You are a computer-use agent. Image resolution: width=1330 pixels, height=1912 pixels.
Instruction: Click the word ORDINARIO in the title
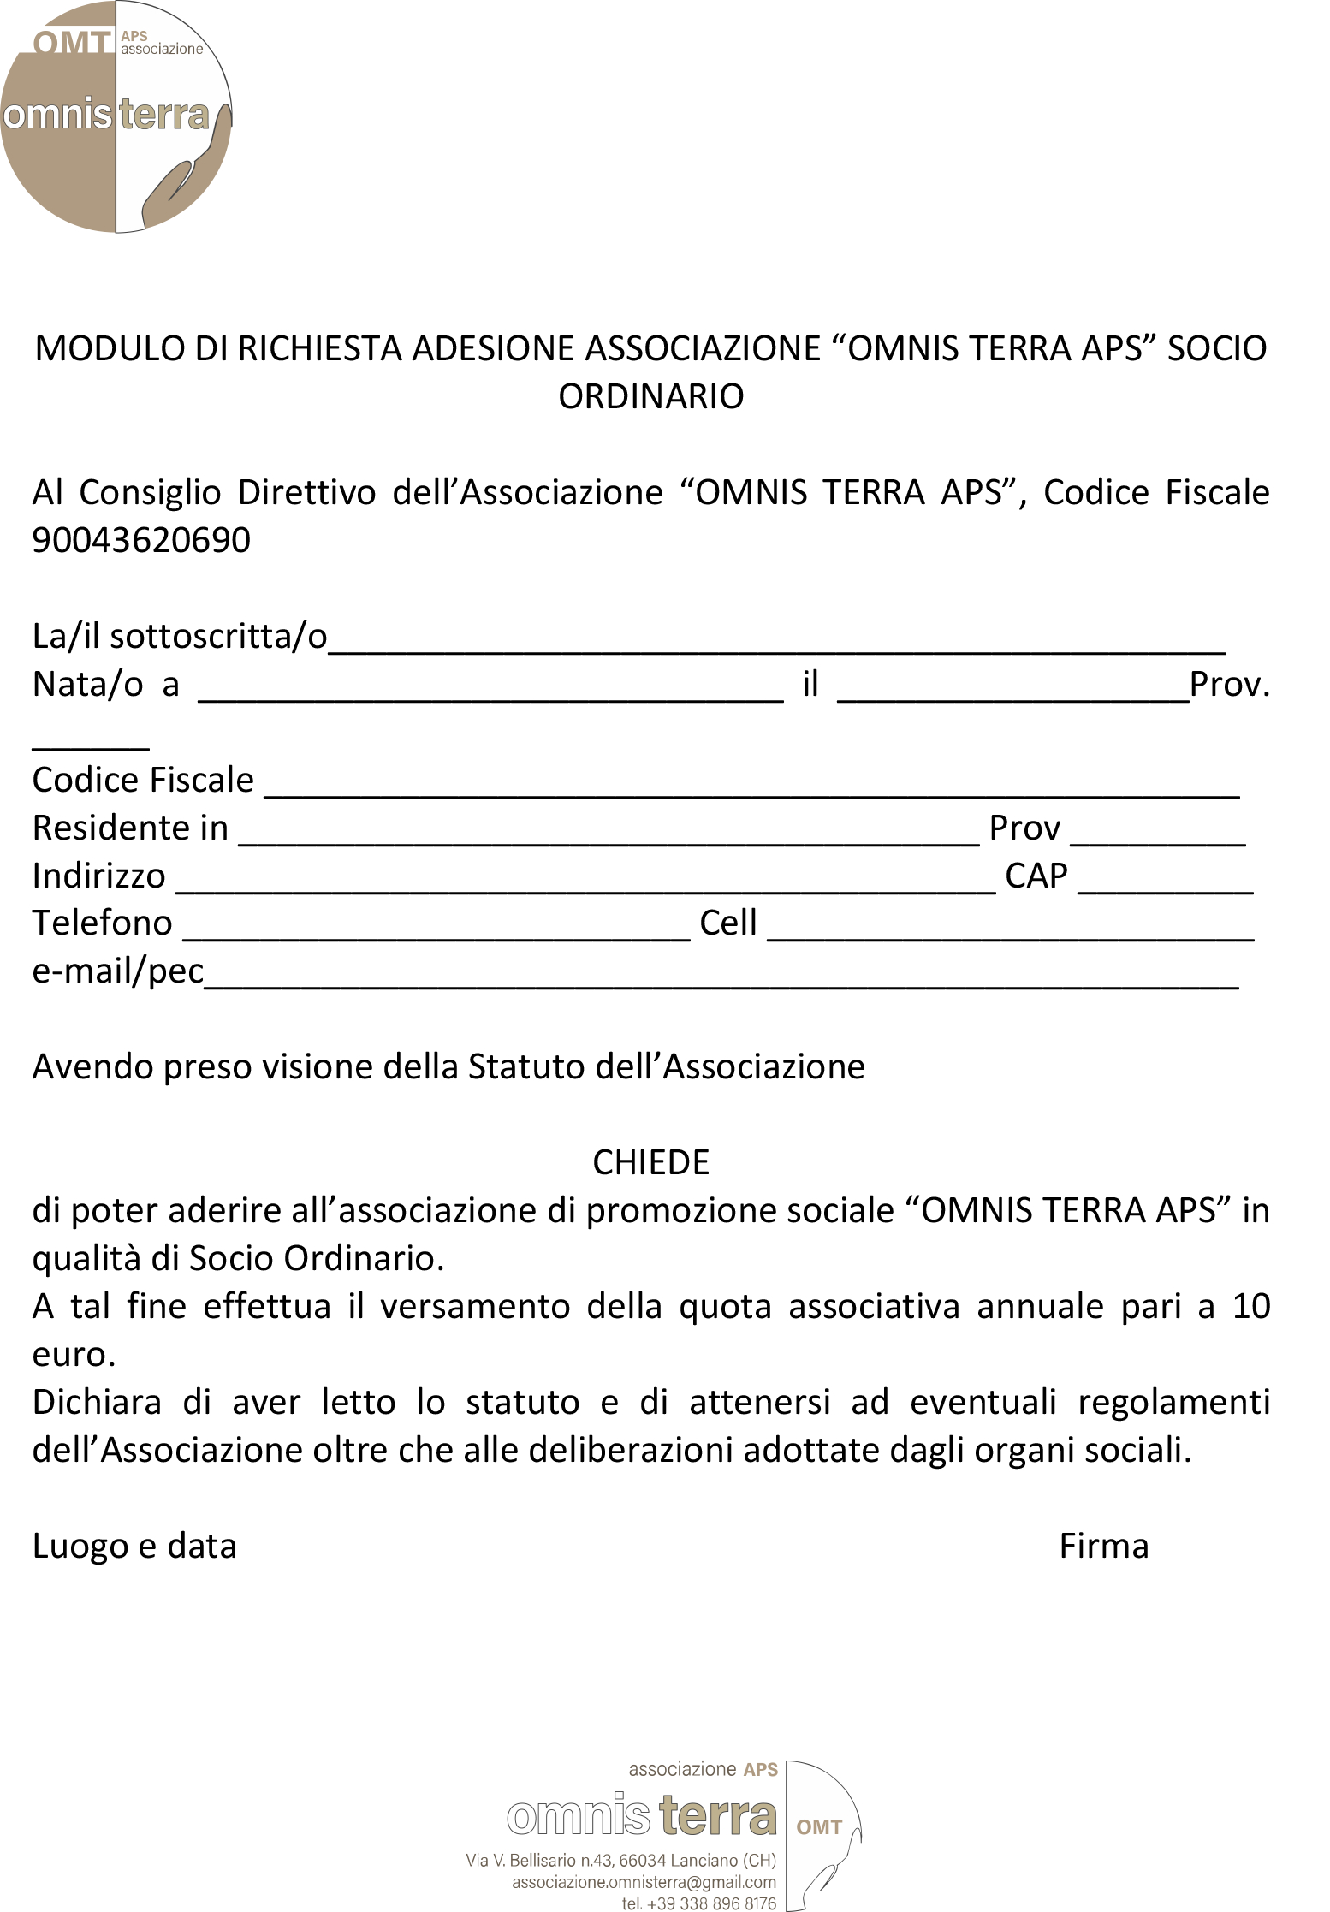650,396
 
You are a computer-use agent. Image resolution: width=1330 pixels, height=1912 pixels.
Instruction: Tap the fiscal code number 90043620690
141,540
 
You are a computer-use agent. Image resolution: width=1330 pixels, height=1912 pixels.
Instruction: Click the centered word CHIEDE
650,1162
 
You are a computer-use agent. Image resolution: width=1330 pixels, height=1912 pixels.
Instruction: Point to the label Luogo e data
134,1547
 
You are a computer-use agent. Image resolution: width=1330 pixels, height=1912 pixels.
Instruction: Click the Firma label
1103,1547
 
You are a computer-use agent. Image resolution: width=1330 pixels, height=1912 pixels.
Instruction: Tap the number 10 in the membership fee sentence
1250,1307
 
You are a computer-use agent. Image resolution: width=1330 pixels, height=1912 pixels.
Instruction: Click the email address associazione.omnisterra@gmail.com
644,1882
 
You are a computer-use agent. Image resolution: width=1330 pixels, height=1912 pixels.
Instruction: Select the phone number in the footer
699,1903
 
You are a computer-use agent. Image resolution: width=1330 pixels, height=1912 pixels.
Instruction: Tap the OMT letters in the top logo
73,43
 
